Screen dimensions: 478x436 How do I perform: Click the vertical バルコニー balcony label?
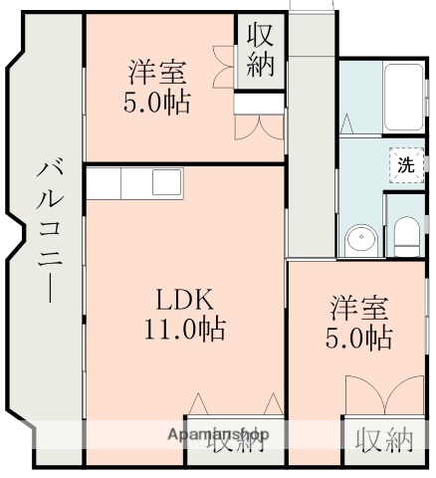coord(46,229)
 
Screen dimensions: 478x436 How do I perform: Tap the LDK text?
coord(180,300)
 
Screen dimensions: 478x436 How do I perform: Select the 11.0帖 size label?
coord(180,330)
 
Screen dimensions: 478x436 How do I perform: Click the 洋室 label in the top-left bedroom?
coord(156,73)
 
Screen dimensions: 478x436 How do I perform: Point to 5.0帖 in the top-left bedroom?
coord(156,102)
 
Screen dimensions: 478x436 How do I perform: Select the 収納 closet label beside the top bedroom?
coord(261,52)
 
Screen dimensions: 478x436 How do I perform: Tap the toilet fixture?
coord(405,235)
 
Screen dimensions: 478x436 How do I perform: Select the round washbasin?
coord(359,239)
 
